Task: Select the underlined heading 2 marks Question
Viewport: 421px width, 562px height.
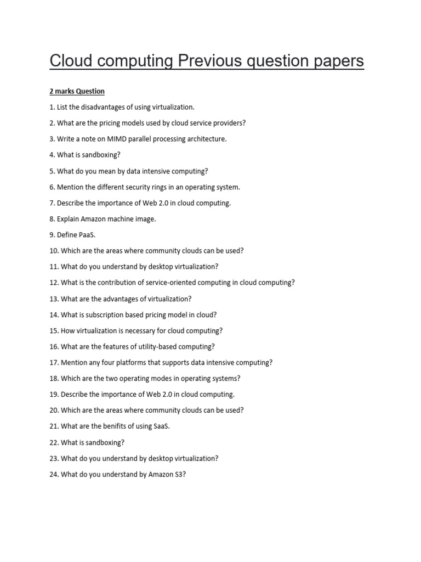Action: [x=77, y=91]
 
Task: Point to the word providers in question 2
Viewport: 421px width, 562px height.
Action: [x=227, y=123]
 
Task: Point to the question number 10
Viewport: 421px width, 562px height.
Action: [x=54, y=251]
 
